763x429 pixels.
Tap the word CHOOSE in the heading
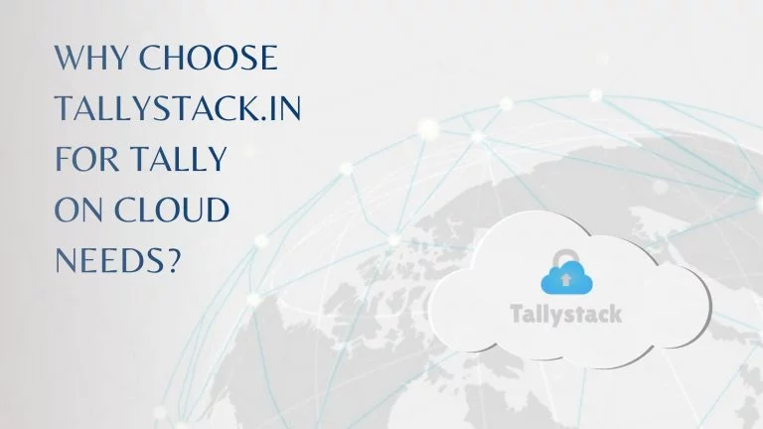209,58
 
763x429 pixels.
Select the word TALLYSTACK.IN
178,108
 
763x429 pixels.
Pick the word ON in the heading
78,210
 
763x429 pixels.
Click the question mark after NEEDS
174,260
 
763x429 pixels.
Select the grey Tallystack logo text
566,314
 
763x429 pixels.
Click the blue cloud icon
566,277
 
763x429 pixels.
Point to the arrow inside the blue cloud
565,279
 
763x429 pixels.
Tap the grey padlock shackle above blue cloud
564,256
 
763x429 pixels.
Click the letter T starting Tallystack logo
516,314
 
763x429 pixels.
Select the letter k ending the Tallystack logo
616,314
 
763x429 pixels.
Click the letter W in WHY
70,58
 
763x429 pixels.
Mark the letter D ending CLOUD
217,210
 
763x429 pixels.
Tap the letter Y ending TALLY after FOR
216,158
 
